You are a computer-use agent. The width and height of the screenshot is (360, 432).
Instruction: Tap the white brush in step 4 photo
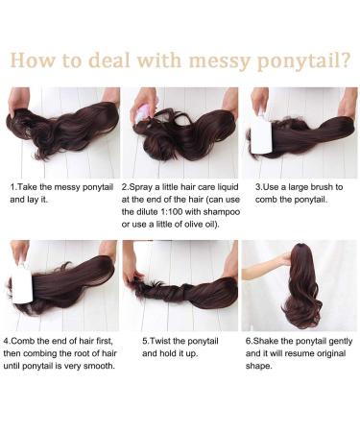22,285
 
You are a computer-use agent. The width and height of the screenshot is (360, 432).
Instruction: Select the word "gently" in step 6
339,340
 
